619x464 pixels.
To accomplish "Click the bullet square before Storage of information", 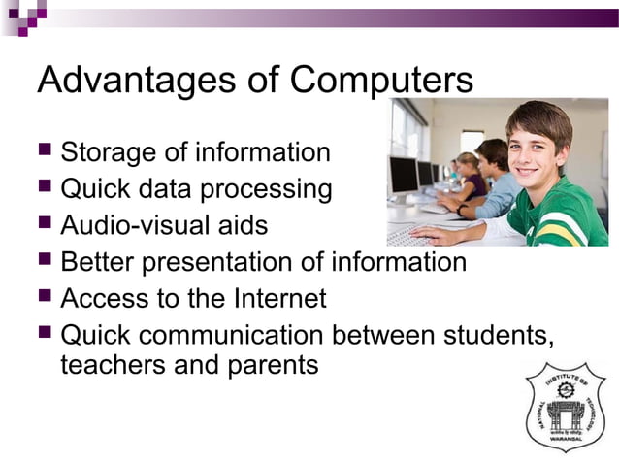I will [x=45, y=152].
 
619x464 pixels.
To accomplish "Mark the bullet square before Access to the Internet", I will [x=45, y=297].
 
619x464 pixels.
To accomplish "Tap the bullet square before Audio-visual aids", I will [x=45, y=225].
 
